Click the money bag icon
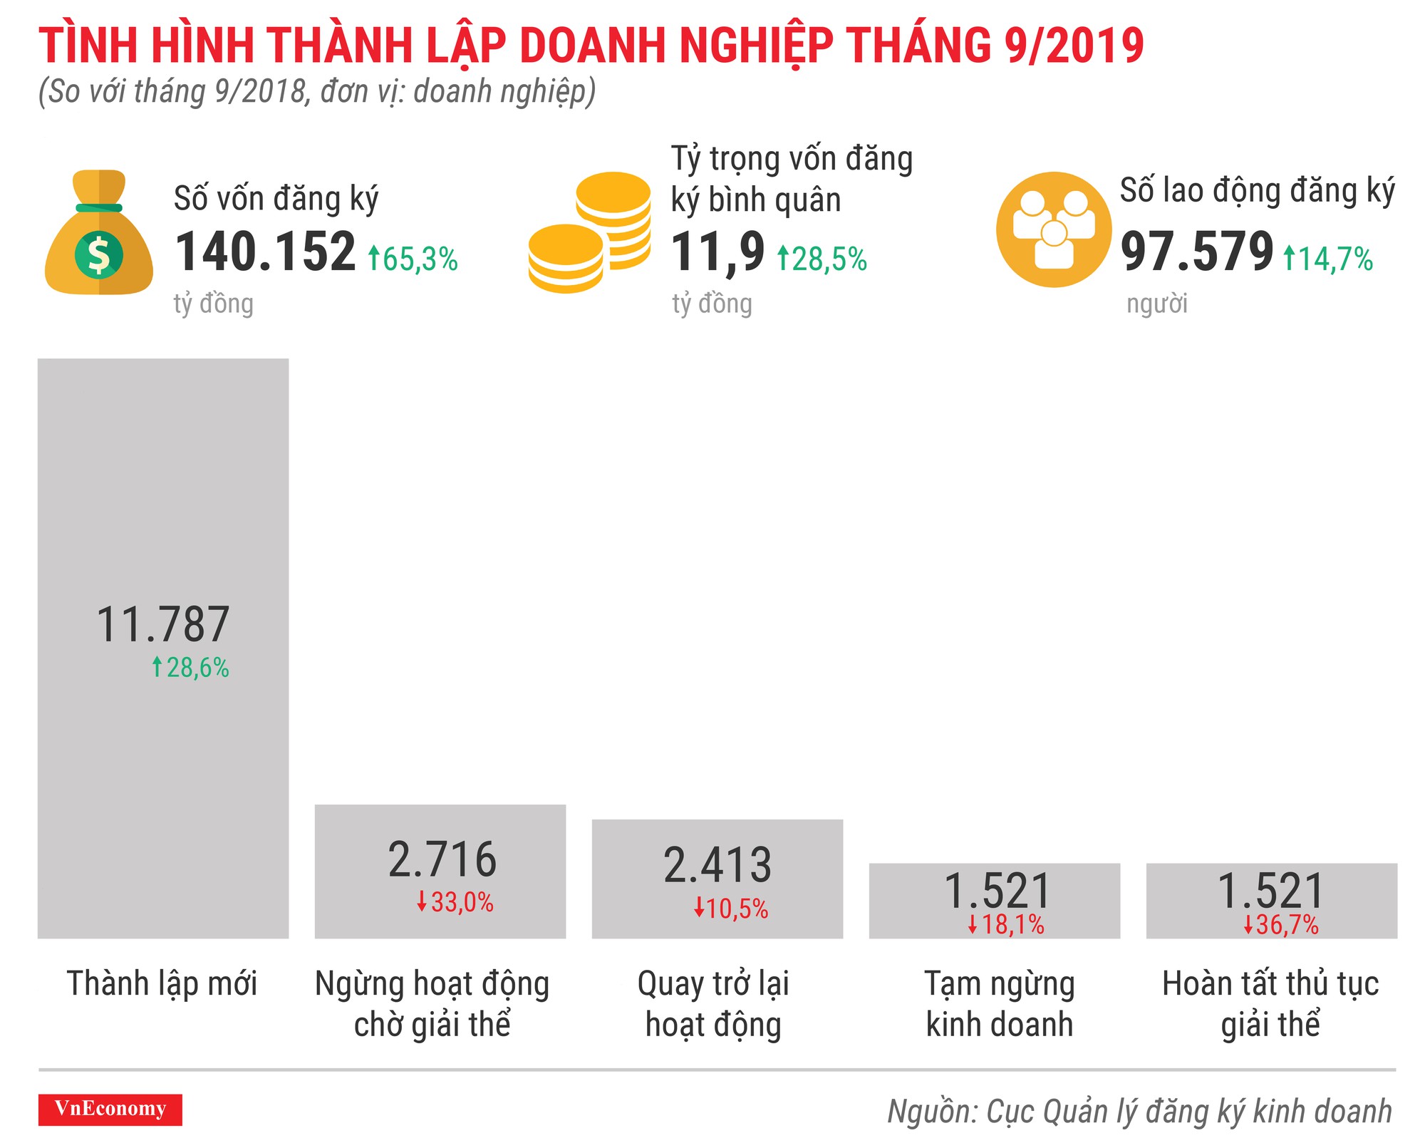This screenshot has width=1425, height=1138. [x=98, y=232]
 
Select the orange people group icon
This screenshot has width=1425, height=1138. [x=1053, y=229]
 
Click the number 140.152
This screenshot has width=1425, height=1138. [x=265, y=252]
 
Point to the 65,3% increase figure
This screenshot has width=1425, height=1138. [x=413, y=259]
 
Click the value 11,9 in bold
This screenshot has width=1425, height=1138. [x=717, y=252]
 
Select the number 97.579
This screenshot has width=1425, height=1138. [x=1196, y=252]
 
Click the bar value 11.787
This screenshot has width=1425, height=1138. [x=163, y=625]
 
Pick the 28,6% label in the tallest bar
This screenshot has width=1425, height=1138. [x=190, y=668]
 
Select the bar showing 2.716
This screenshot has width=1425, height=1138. [x=440, y=871]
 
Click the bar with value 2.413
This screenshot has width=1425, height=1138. [x=717, y=878]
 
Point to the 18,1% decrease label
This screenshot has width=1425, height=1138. [x=1005, y=925]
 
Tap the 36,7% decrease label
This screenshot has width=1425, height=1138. [x=1280, y=925]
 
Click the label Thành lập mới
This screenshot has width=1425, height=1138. [x=162, y=983]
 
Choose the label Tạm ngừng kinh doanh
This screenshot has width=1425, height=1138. [x=999, y=1003]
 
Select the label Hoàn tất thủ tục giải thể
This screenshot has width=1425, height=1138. [x=1270, y=1003]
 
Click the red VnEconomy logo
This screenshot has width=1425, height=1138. [x=110, y=1109]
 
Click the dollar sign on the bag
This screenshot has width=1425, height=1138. [x=98, y=255]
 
